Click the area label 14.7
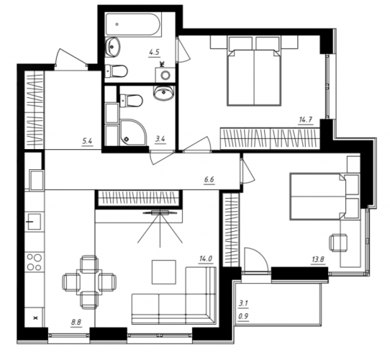pyautogui.click(x=305, y=120)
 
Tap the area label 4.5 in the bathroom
pyautogui.click(x=154, y=53)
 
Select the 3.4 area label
pyautogui.click(x=160, y=139)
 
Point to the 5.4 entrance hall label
pyautogui.click(x=87, y=141)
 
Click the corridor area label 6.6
pyautogui.click(x=209, y=179)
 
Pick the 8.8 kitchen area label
pyautogui.click(x=76, y=323)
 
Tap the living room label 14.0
pyautogui.click(x=205, y=259)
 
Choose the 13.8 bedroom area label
pyautogui.click(x=318, y=260)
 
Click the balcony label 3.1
pyautogui.click(x=243, y=304)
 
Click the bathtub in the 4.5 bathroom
pyautogui.click(x=134, y=24)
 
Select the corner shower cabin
pyautogui.click(x=133, y=132)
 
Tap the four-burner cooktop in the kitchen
pyautogui.click(x=35, y=262)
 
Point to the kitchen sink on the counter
pyautogui.click(x=34, y=221)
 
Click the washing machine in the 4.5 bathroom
pyautogui.click(x=165, y=75)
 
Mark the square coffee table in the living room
pyautogui.click(x=164, y=272)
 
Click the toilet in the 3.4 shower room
pyautogui.click(x=131, y=101)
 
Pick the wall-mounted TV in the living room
pyautogui.click(x=160, y=212)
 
